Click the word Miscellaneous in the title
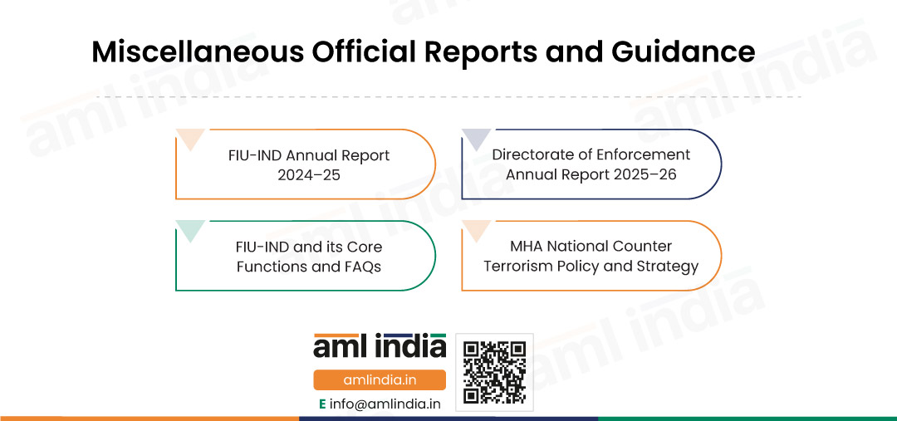click(198, 52)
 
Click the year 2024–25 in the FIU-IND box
click(309, 175)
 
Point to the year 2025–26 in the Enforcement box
click(645, 174)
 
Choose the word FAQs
click(363, 267)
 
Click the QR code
click(494, 372)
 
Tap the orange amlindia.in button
click(380, 379)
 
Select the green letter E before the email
click(322, 404)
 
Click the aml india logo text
click(380, 346)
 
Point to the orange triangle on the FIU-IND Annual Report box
click(190, 138)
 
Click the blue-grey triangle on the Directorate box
click(476, 138)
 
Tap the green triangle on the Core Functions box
click(190, 230)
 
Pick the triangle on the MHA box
click(476, 230)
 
